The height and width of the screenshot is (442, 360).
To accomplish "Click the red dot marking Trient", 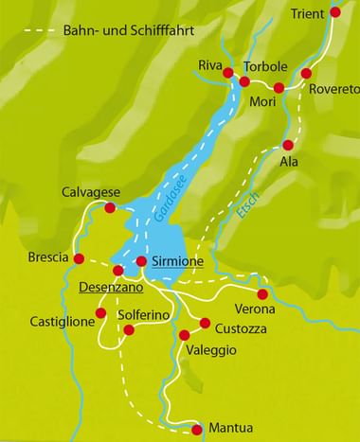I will point(335,13).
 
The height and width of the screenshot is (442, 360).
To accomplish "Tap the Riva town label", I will point(209,64).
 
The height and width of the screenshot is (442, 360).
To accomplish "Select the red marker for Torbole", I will point(244,82).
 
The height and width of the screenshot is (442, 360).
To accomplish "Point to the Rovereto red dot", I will point(306,73).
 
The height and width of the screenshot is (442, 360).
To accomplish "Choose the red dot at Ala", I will point(288,145).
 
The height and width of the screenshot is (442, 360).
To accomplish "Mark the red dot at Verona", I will point(262,294).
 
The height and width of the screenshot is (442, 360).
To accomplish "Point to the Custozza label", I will point(240,328).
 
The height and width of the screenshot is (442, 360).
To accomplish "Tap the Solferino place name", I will point(143,313).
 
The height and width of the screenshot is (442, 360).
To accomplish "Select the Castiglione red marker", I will point(99,312).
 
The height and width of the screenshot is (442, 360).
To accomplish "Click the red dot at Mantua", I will point(197,427).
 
